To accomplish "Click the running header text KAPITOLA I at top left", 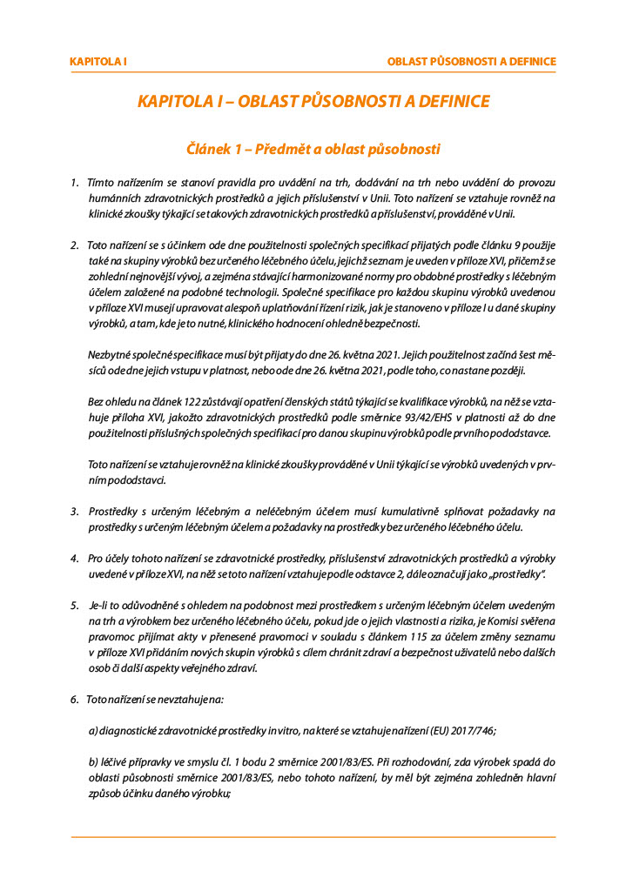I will [98, 62].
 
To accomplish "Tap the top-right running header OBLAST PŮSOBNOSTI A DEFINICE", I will [471, 62].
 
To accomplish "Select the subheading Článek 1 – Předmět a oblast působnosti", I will [313, 149].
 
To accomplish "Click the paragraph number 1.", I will [74, 184].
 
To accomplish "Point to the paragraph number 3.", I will [74, 511].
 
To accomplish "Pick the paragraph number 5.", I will [74, 605].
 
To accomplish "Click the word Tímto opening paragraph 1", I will [103, 184].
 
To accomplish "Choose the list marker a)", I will [93, 731].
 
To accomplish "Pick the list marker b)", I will [93, 762].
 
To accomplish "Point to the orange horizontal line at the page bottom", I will [313, 837].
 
